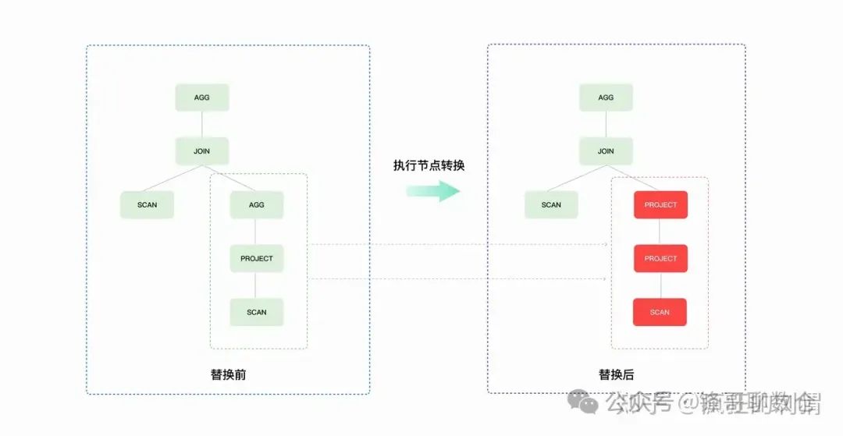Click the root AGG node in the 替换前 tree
(x=201, y=97)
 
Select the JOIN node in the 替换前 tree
(x=201, y=151)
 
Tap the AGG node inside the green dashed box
(x=256, y=205)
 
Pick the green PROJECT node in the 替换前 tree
(x=256, y=258)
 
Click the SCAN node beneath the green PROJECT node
(x=256, y=312)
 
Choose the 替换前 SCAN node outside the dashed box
(x=147, y=205)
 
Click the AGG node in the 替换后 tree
(x=606, y=97)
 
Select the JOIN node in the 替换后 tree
(x=606, y=151)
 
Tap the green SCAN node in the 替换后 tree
(x=551, y=205)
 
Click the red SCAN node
(x=660, y=312)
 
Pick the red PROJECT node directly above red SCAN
(x=660, y=258)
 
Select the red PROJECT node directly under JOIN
(x=660, y=205)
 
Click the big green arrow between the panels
(x=433, y=191)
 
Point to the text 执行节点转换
(x=429, y=165)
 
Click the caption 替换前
(x=228, y=374)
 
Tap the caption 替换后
(x=616, y=374)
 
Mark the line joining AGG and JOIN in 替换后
(x=606, y=124)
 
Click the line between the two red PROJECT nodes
(x=660, y=232)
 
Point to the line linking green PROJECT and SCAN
(x=256, y=285)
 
